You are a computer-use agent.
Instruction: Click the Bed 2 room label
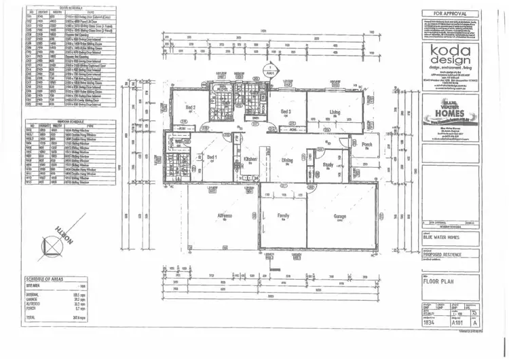tap(191, 107)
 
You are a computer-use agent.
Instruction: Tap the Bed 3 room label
tap(286, 111)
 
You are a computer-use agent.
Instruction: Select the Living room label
tap(335, 111)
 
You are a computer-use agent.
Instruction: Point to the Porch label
tap(367, 144)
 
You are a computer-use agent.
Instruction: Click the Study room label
tap(328, 164)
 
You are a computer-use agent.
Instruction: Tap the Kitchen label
tap(251, 160)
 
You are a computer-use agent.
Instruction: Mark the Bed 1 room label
tap(211, 158)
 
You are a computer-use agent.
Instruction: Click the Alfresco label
tap(225, 215)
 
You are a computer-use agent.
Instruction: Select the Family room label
tap(284, 215)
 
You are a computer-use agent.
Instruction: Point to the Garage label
tap(340, 215)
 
